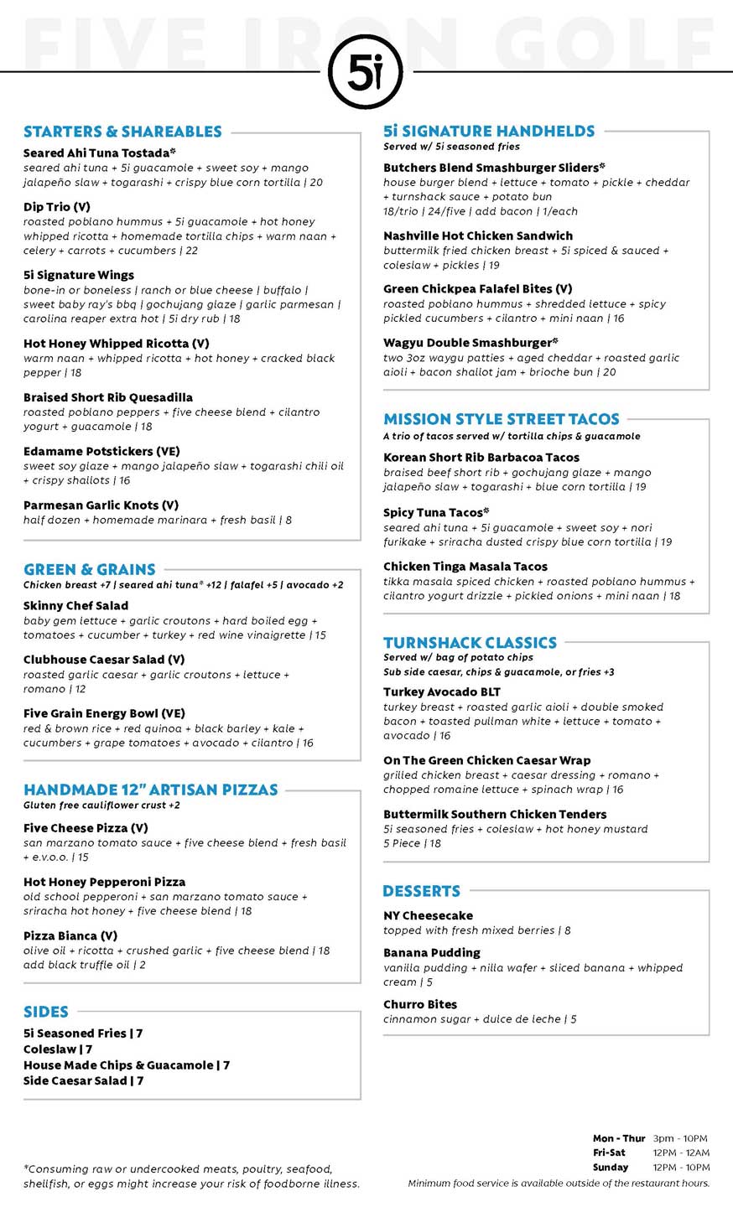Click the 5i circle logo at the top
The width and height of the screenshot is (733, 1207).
coord(366,73)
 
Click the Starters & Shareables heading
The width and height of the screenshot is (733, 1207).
coord(122,132)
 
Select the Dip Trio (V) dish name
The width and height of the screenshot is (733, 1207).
coord(57,207)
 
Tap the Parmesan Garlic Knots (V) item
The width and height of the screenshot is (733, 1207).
coord(101,505)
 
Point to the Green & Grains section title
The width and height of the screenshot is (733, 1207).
coord(90,569)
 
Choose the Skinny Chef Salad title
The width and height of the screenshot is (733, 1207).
coord(76,606)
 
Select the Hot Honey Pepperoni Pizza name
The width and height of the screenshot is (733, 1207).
coord(105,882)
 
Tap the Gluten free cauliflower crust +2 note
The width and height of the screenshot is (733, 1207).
coord(101,806)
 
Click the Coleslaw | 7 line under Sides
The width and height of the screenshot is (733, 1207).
coord(58,1049)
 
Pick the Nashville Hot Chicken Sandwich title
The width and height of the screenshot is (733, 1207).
coord(478,236)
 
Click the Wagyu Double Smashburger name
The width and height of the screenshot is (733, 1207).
coord(470,343)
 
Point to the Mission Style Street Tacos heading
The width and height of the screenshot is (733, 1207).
coord(502,419)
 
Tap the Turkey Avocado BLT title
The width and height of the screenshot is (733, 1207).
coord(442,692)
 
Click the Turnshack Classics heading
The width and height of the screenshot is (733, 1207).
coord(470,643)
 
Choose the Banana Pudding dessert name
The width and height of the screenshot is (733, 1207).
coord(432,953)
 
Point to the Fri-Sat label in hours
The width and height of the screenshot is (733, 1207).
coord(609,1153)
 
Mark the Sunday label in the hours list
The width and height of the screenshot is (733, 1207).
coord(611,1167)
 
